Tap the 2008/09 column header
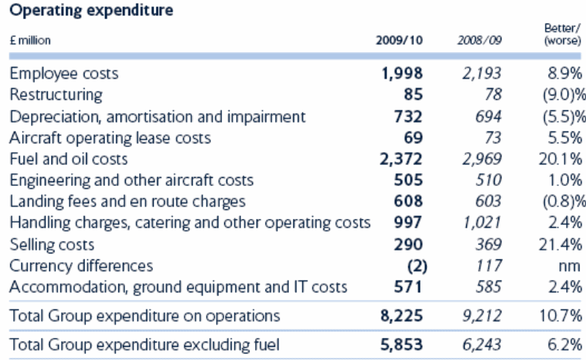coord(474,41)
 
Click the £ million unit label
coord(29,41)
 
